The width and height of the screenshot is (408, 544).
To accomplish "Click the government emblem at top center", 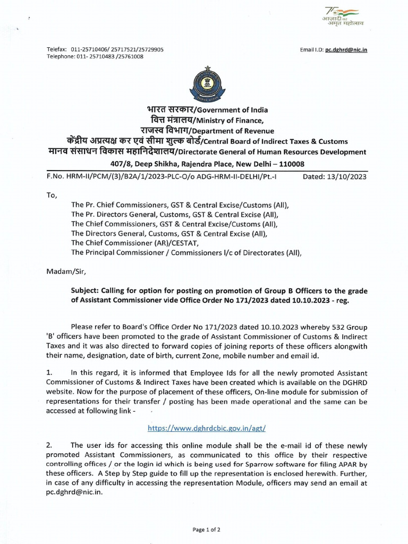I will (x=203, y=83).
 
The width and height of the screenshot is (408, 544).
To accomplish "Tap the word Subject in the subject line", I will (x=86, y=291).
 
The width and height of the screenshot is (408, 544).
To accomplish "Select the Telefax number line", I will (x=105, y=49).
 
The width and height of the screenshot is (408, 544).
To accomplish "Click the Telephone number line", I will (x=95, y=56).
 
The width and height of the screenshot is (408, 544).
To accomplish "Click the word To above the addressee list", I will (x=52, y=195).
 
